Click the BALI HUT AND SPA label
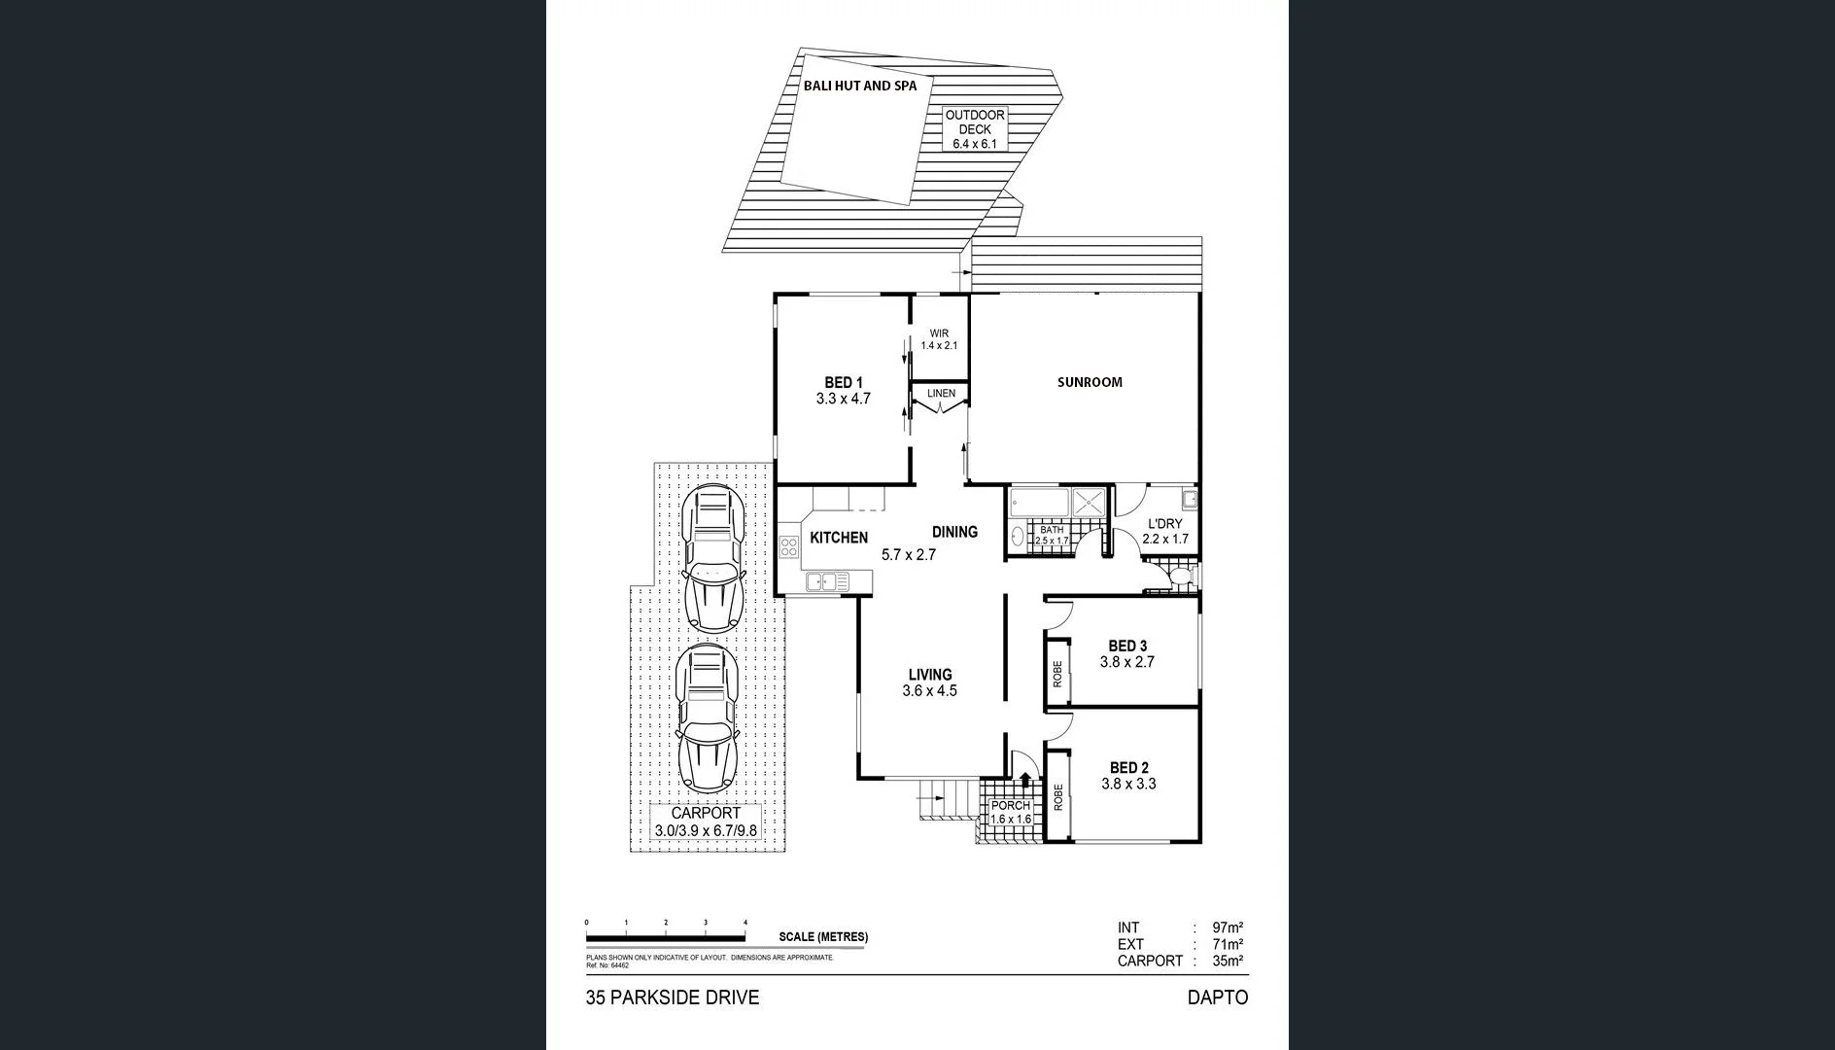coord(859,86)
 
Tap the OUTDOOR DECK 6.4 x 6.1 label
coord(975,129)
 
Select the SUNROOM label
coord(1090,382)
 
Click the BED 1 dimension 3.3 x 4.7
coord(843,399)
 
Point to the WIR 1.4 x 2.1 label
coord(939,339)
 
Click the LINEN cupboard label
coord(941,394)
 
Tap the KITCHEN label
coord(839,538)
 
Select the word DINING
coord(954,532)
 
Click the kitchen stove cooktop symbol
coord(787,545)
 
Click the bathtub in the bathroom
coord(1039,503)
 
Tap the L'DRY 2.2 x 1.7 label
coord(1164,531)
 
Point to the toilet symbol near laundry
coord(1179,579)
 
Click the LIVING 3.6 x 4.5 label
coord(930,682)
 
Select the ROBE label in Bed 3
coord(1057,675)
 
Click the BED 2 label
coord(1128,768)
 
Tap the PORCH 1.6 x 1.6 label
coord(1011,813)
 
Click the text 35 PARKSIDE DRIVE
coord(672,997)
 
